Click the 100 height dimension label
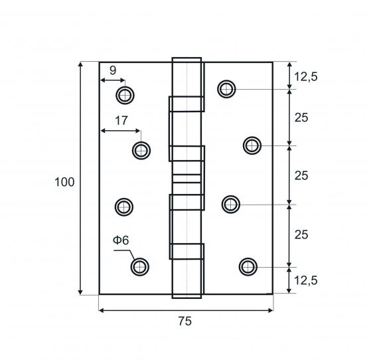[x=64, y=182]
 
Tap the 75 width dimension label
[x=185, y=321]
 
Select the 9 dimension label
[x=113, y=70]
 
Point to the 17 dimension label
[x=121, y=121]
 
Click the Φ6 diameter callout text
[x=121, y=240]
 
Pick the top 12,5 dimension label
[x=306, y=77]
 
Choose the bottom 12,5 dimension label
[x=306, y=280]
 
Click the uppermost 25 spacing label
[x=301, y=118]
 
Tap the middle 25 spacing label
[x=301, y=176]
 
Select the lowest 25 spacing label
[x=301, y=235]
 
